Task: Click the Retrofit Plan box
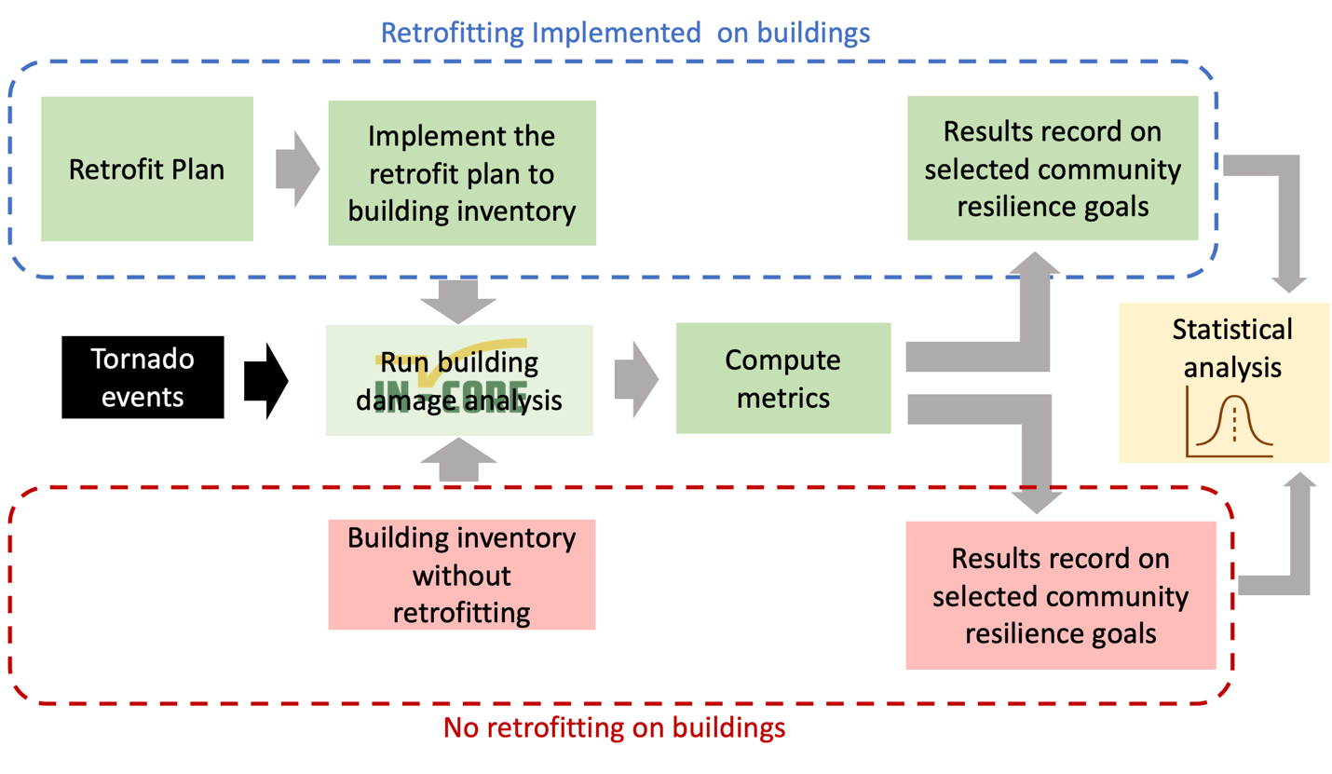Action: pos(147,170)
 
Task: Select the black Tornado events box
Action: pos(143,377)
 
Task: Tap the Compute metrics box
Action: pos(782,378)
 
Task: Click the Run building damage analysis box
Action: pos(459,380)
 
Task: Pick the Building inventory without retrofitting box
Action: pos(461,575)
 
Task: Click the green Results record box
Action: pos(1053,169)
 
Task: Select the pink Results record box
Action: pos(1060,595)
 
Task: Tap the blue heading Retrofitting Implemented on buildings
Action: pos(625,33)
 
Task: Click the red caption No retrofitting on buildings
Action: pos(614,726)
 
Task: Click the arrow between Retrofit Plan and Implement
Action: pos(297,170)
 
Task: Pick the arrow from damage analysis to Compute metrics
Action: pos(636,379)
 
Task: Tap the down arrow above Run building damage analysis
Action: pos(458,301)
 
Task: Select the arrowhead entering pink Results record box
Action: pos(1035,500)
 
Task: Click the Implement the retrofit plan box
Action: pos(461,173)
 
